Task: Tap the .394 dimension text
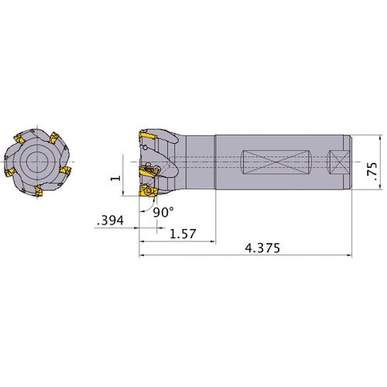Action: coord(110,221)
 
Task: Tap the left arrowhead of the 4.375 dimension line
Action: coord(142,255)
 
